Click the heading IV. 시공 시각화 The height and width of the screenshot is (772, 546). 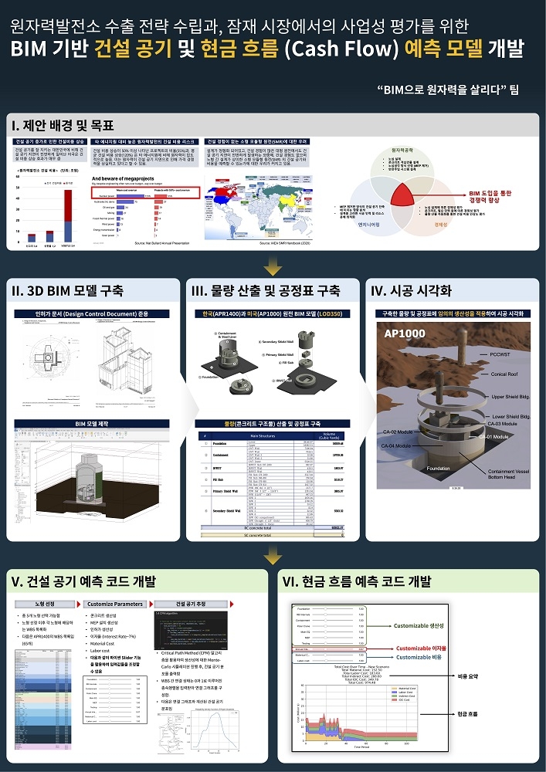click(412, 291)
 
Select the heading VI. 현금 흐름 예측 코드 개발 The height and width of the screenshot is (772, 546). click(354, 581)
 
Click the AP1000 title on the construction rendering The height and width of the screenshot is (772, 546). click(405, 334)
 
